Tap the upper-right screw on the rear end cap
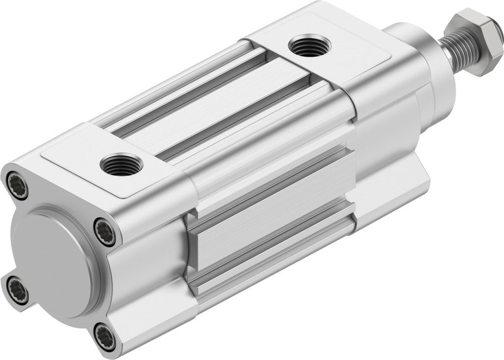click(x=105, y=230)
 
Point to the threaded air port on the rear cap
click(x=121, y=165)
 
